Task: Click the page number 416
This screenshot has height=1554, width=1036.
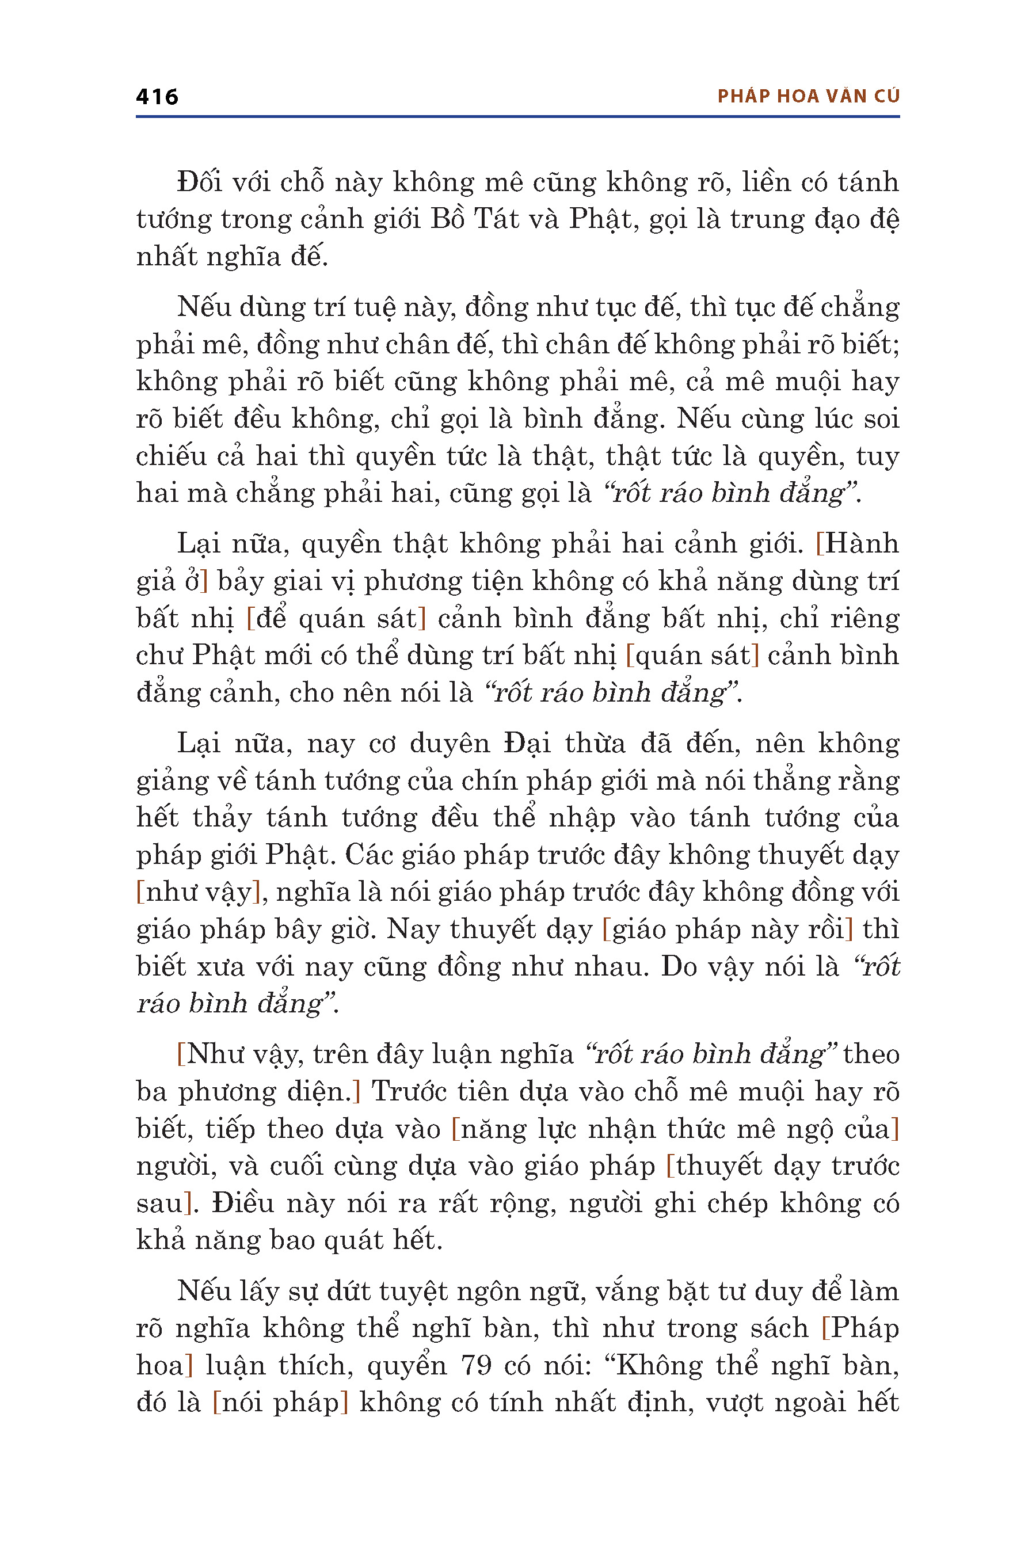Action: [x=157, y=97]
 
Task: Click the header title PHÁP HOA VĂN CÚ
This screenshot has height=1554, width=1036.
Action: [x=808, y=97]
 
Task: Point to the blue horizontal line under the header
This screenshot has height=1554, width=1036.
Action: [x=517, y=117]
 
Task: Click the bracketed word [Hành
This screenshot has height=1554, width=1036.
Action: [x=858, y=544]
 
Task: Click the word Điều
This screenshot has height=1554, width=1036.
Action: [x=242, y=1203]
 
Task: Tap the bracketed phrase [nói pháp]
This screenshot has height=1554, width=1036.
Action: [x=280, y=1402]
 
